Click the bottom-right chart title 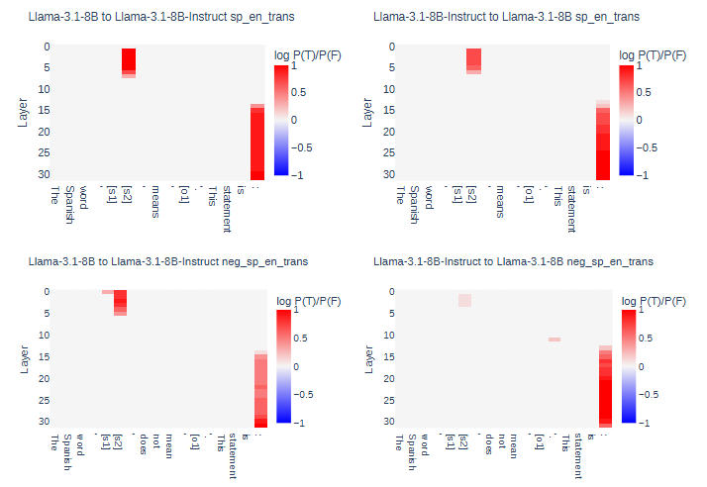coord(514,261)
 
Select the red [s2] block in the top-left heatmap coord(129,61)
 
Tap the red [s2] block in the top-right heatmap coord(474,60)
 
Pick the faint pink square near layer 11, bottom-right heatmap coord(555,340)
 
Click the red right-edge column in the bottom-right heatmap coord(606,386)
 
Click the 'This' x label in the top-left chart coord(212,194)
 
